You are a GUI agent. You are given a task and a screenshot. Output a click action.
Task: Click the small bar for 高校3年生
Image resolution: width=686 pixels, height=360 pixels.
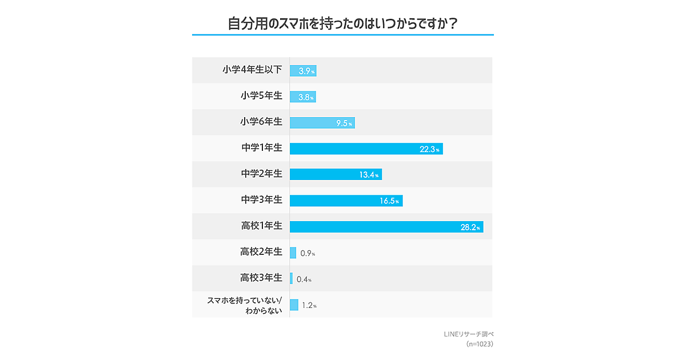click(x=292, y=279)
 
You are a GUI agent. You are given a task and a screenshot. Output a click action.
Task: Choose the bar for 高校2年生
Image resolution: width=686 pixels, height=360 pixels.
click(x=293, y=253)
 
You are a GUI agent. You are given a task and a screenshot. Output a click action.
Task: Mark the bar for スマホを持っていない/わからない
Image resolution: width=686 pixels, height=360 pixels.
click(x=294, y=305)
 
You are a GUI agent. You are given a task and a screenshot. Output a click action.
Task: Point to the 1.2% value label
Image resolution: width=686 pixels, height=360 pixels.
click(x=309, y=306)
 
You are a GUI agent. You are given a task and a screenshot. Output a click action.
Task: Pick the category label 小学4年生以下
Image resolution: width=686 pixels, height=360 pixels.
click(x=252, y=70)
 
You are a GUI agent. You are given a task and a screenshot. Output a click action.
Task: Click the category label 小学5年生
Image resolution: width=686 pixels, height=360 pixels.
click(x=261, y=96)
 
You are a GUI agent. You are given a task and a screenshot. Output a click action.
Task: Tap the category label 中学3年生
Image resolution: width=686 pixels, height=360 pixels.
click(x=261, y=200)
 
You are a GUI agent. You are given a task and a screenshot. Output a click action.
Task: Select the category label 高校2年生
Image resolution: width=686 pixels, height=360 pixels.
click(x=261, y=252)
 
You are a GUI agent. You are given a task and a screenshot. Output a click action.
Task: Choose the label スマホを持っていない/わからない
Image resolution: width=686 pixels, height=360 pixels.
click(x=244, y=305)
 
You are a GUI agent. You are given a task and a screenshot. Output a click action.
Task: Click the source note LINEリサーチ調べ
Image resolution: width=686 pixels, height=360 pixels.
click(x=468, y=334)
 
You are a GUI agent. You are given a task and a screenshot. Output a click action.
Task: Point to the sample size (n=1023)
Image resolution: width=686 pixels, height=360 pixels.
click(x=479, y=344)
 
